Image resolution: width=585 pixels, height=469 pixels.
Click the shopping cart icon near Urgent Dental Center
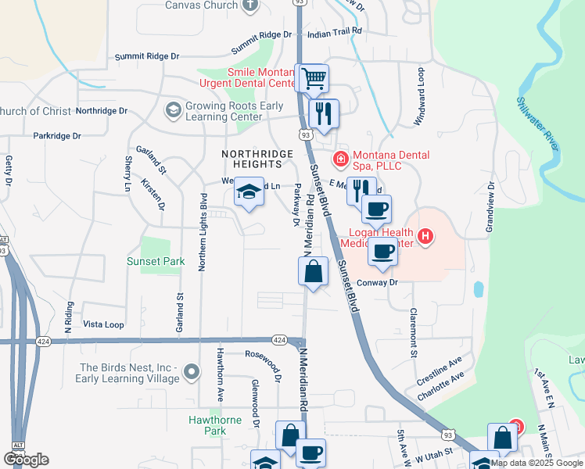point(314,78)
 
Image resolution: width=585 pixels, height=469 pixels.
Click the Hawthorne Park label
point(208,425)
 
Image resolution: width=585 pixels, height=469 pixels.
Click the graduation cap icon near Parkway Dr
point(249,192)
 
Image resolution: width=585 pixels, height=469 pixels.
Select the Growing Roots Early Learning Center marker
point(173,111)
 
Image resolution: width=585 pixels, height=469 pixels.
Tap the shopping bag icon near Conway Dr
point(313,272)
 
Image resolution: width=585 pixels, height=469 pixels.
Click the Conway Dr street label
point(378,282)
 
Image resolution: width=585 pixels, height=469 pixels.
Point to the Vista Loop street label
point(103,324)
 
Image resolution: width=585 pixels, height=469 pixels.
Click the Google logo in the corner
point(26,460)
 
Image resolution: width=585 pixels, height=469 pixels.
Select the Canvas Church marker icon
point(250,5)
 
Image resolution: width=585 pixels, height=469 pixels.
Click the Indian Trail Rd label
point(335,30)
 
